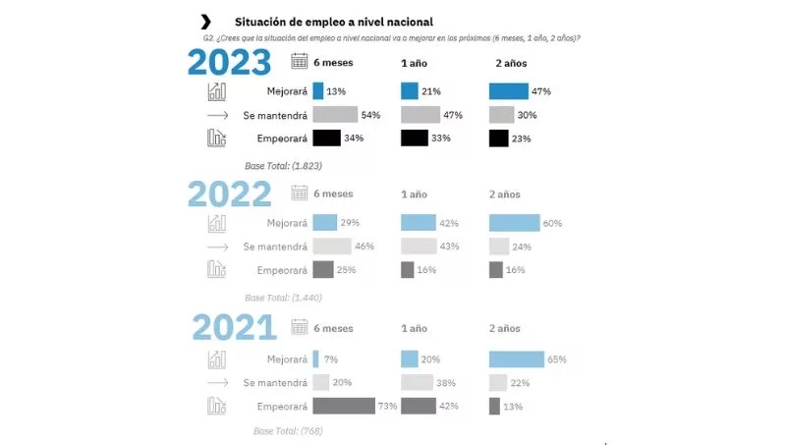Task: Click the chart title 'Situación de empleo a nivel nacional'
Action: click(x=333, y=22)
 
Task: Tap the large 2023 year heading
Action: click(x=230, y=63)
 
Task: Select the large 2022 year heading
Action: click(x=230, y=195)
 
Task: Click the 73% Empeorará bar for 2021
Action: click(x=344, y=406)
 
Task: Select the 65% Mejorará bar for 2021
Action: click(x=516, y=360)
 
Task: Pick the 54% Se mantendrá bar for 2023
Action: click(x=335, y=115)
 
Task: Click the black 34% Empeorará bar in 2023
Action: click(x=326, y=139)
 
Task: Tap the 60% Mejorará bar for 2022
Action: click(x=514, y=223)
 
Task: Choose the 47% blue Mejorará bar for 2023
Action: click(x=508, y=91)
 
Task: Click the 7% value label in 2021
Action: click(x=331, y=360)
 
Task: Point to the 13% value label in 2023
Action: click(x=337, y=91)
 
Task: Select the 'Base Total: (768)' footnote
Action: click(x=288, y=430)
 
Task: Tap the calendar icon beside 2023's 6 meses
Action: click(x=300, y=62)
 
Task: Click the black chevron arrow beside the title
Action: click(x=205, y=21)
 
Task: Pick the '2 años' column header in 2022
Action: click(x=505, y=195)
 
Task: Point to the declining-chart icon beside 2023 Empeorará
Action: click(x=217, y=139)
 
